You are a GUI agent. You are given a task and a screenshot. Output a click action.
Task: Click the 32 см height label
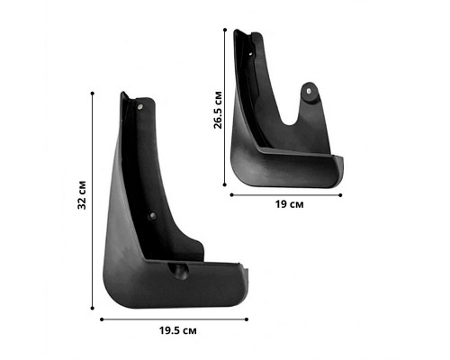(82, 195)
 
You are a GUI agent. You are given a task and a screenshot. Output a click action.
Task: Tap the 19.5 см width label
(178, 330)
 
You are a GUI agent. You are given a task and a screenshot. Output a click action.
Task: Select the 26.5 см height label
(218, 110)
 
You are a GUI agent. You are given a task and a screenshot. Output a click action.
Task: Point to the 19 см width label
(289, 204)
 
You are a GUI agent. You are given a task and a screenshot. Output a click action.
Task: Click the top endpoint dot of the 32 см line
(93, 94)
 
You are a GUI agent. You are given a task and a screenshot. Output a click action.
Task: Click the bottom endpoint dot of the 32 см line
(93, 308)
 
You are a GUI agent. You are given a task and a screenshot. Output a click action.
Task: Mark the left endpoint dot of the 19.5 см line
(102, 319)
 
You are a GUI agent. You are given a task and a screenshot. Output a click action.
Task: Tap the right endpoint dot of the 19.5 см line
(247, 319)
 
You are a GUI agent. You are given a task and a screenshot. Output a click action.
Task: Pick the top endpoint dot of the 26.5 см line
(225, 30)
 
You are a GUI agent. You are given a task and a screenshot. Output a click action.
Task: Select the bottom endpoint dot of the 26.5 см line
(225, 184)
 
